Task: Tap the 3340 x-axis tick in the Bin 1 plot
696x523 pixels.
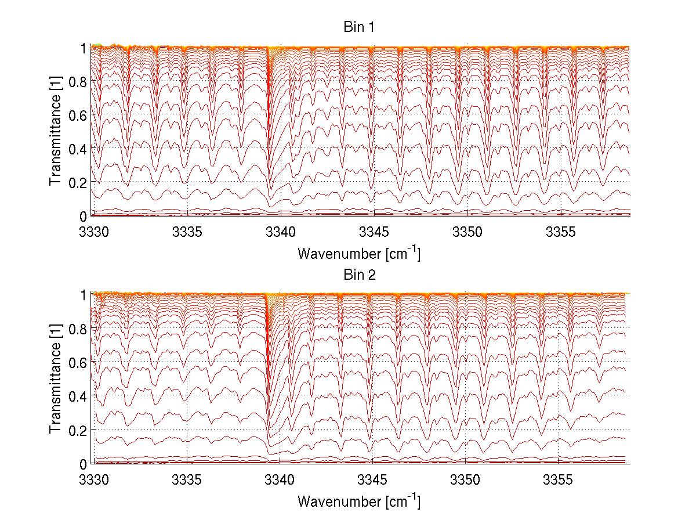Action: click(x=280, y=233)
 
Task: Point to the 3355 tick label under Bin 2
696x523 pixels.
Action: click(x=559, y=481)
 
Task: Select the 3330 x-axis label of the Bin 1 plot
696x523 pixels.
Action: click(x=94, y=233)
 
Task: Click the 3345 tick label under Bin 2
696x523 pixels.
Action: click(x=373, y=481)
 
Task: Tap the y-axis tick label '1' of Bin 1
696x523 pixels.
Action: click(x=84, y=48)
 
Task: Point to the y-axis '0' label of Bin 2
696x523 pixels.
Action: click(x=84, y=463)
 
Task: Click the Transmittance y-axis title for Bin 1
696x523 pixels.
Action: click(x=56, y=131)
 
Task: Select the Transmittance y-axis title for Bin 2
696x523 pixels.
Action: click(x=56, y=379)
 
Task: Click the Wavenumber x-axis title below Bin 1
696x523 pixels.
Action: click(x=359, y=254)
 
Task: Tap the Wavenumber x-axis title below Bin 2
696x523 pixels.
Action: click(x=359, y=501)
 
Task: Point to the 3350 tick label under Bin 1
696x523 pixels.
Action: click(x=466, y=233)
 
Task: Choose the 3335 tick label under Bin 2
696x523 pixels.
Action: click(x=187, y=481)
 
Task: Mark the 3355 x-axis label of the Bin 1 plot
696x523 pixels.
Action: click(x=559, y=233)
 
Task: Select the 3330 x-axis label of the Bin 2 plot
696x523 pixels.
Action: click(x=94, y=481)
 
